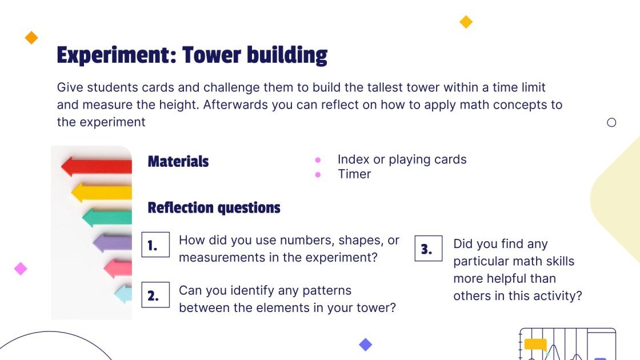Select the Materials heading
[178, 161]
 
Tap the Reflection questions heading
[214, 208]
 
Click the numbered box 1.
[155, 245]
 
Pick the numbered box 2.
[155, 295]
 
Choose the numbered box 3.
[429, 248]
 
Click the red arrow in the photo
[97, 166]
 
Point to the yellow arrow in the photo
[102, 193]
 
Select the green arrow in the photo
[107, 218]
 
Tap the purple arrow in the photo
[112, 243]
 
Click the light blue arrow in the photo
[123, 294]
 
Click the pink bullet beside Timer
[318, 175]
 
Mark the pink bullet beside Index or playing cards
[318, 160]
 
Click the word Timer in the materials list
[354, 174]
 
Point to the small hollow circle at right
[611, 122]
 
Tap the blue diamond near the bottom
[365, 345]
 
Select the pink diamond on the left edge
[21, 269]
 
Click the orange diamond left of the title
[31, 38]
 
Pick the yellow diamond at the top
[466, 22]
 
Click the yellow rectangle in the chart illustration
[535, 344]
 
